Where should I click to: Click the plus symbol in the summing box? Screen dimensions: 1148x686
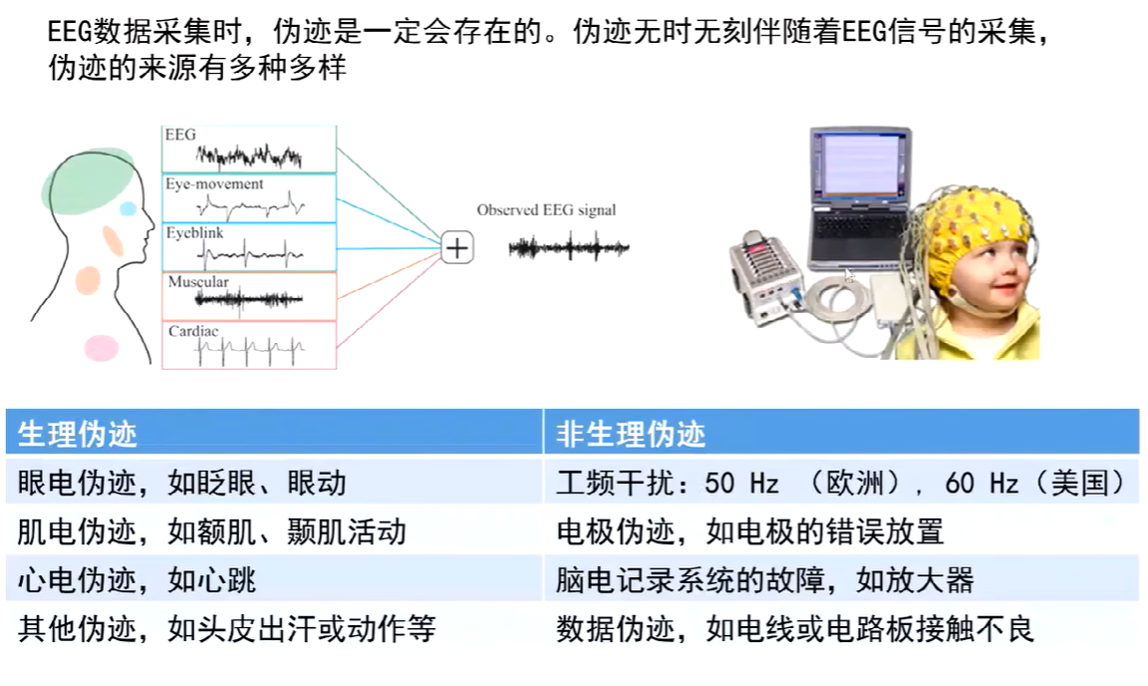(456, 248)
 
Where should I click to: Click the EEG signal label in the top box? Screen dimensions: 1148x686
(180, 135)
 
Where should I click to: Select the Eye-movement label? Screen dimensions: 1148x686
(214, 183)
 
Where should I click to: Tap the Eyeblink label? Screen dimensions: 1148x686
(194, 232)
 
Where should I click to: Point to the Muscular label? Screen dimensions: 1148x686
(197, 281)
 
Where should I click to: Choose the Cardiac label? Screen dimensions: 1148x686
(193, 330)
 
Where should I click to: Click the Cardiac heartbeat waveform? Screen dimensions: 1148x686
(249, 350)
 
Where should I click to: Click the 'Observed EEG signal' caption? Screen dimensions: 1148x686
(546, 209)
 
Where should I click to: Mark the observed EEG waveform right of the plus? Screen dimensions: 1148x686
(569, 248)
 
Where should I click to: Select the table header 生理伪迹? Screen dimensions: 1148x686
(78, 434)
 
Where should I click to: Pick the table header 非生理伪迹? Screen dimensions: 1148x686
(631, 434)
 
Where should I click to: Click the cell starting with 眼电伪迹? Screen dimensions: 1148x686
(182, 483)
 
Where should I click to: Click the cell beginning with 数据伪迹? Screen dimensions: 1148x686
(795, 628)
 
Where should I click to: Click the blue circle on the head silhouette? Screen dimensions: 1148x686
(128, 208)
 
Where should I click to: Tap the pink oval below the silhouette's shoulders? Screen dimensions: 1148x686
(101, 347)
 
